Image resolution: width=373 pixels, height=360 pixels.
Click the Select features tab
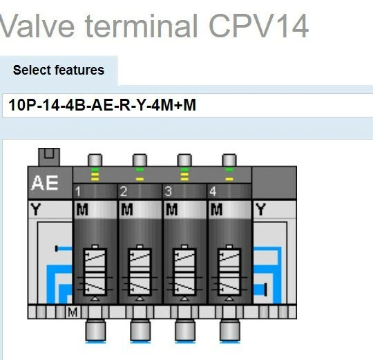[59, 70]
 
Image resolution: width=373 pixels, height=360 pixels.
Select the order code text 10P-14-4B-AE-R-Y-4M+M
[102, 106]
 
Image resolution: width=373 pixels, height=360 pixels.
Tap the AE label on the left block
[45, 184]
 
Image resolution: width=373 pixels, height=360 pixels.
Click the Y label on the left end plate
[36, 209]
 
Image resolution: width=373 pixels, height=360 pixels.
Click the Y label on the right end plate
[260, 209]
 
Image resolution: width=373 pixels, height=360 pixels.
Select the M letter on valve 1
[82, 209]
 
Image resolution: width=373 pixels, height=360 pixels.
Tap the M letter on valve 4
[217, 209]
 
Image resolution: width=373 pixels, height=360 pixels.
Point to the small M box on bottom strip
[73, 313]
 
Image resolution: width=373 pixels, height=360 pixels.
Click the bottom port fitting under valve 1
[95, 332]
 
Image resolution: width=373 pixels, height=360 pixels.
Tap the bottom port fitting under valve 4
[230, 332]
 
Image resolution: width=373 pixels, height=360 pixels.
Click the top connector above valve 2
[140, 160]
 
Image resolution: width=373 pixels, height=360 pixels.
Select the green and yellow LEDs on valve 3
[184, 174]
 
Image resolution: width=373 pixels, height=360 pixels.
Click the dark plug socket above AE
[49, 157]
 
